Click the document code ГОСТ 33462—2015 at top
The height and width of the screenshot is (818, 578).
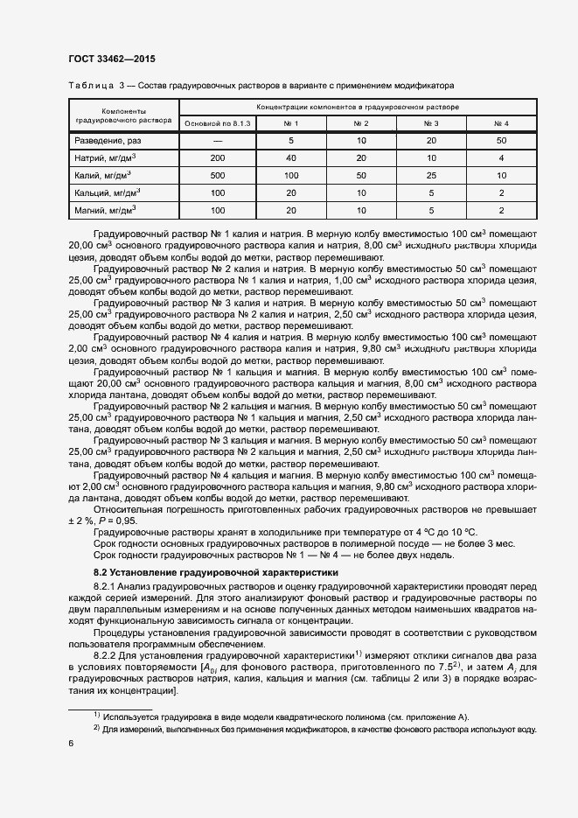[x=106, y=59]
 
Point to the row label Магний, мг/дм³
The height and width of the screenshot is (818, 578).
[x=107, y=211]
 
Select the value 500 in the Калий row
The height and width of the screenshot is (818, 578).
[x=218, y=176]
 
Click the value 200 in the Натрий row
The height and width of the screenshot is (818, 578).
[x=218, y=158]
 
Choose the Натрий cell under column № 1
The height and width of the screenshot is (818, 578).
[x=290, y=158]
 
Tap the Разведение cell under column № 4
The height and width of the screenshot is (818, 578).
[x=501, y=141]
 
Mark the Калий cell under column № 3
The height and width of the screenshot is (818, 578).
[x=430, y=176]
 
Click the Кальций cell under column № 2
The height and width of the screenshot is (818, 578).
[x=360, y=193]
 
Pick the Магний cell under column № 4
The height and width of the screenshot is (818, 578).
[x=501, y=211]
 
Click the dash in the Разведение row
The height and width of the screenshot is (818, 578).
[x=218, y=141]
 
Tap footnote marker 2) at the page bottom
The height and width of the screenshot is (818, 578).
[x=97, y=728]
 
